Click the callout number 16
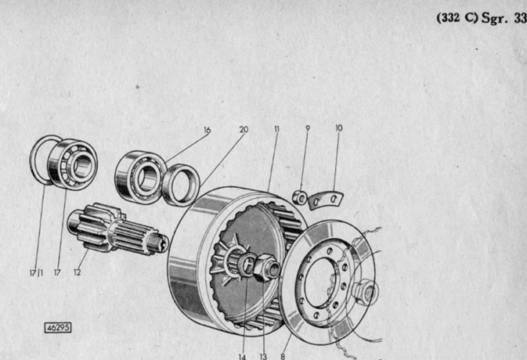tap(207, 130)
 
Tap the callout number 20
tap(244, 129)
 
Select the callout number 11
tap(276, 129)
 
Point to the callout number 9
tap(308, 128)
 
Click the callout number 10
tap(339, 128)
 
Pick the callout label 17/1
tap(36, 272)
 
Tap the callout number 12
tap(78, 272)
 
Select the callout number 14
tap(242, 357)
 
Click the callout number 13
tap(263, 356)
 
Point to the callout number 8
tap(283, 356)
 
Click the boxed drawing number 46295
tap(58, 327)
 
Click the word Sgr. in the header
tap(494, 18)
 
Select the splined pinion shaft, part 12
tap(117, 229)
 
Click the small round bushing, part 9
tap(299, 197)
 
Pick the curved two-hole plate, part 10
tap(326, 200)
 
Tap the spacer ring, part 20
tap(182, 185)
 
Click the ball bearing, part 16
tap(140, 177)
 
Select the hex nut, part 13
tap(266, 268)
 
